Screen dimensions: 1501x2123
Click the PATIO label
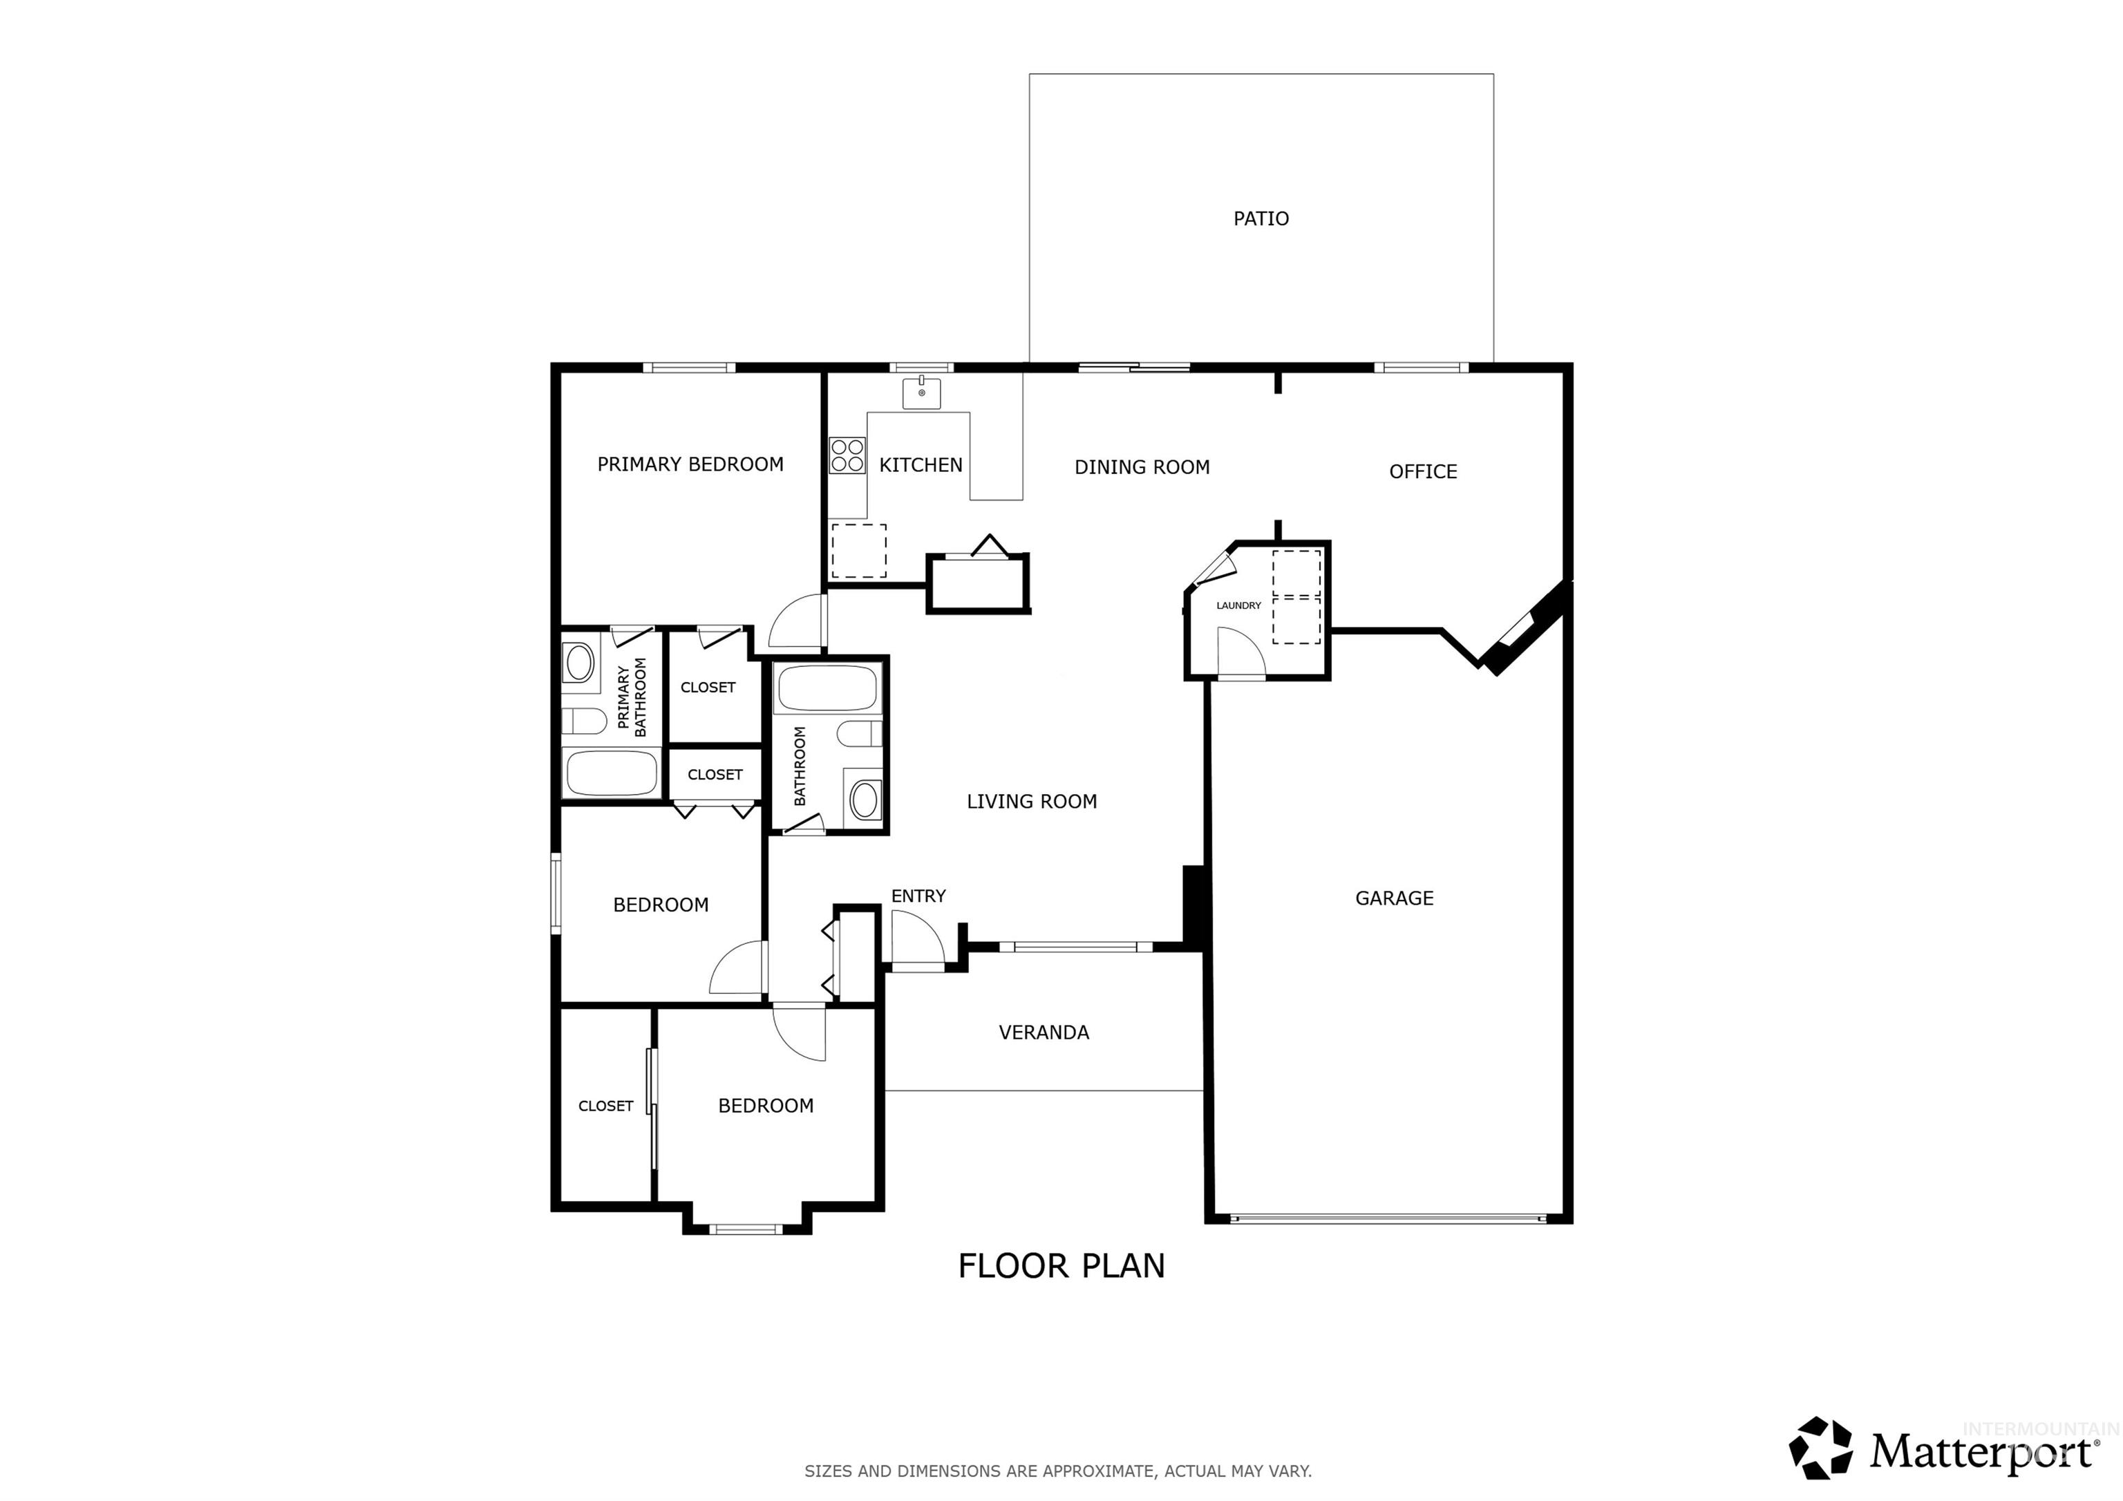click(1261, 218)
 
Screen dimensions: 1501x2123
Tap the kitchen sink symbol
click(921, 393)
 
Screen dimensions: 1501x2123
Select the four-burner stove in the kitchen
click(847, 455)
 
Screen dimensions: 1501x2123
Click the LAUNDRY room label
click(1238, 606)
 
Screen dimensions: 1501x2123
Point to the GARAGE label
click(1393, 898)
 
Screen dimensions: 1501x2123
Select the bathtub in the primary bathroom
click(611, 773)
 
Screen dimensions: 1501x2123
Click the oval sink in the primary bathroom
click(580, 662)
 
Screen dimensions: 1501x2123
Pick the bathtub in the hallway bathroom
click(827, 689)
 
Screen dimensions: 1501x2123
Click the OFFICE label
click(1422, 472)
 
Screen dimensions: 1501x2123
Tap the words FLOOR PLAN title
click(1061, 1266)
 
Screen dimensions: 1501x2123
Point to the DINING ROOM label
click(1141, 467)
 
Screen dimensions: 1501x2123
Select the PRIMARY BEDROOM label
click(690, 464)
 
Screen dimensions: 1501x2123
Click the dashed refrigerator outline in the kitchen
click(858, 551)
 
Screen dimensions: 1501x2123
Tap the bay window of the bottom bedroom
click(746, 1229)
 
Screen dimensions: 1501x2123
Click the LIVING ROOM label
click(1031, 802)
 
